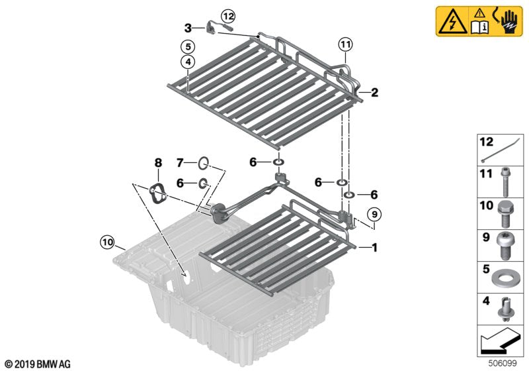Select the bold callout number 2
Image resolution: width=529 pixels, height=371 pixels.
coord(374,93)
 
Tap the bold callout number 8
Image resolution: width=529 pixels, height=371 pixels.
coord(157,163)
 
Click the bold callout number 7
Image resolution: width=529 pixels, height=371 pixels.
coord(180,162)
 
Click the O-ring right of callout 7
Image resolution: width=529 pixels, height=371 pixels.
coord(204,162)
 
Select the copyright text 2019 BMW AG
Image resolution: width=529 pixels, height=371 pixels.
coord(37,364)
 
